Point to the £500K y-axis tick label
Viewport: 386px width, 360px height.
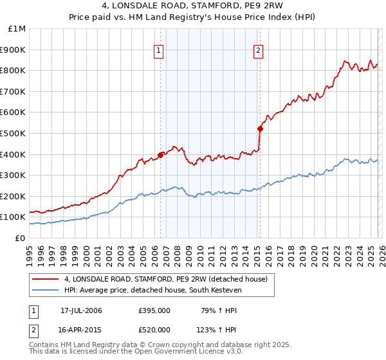(x=14, y=133)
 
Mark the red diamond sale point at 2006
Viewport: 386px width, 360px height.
(x=160, y=155)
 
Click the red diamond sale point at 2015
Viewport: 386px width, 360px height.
(x=260, y=129)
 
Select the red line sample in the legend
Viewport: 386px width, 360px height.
(x=45, y=279)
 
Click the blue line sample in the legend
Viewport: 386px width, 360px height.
(x=45, y=290)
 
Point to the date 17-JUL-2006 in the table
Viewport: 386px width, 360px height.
(x=81, y=310)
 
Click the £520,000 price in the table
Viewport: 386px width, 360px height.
(x=154, y=330)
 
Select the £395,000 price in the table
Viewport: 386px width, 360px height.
(x=154, y=310)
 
